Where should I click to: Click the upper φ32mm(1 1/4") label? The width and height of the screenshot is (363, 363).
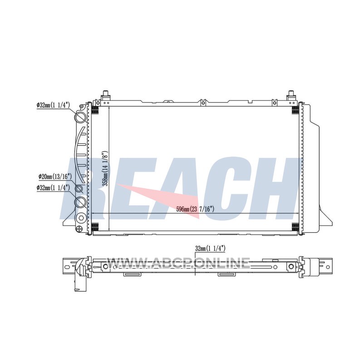(x=53, y=105)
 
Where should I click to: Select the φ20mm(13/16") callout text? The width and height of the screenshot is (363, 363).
(x=55, y=177)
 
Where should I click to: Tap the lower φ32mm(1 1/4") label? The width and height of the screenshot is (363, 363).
(x=53, y=187)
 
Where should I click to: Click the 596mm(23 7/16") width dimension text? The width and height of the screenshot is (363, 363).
(x=196, y=209)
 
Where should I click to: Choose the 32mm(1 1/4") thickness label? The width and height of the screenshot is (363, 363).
(x=210, y=249)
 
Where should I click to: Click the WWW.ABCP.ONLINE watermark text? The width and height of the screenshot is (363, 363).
(x=179, y=263)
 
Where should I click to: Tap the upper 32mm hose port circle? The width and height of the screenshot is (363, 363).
(x=81, y=117)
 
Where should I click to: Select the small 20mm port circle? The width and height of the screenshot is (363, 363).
(x=79, y=189)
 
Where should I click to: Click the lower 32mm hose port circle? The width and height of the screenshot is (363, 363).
(x=80, y=202)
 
